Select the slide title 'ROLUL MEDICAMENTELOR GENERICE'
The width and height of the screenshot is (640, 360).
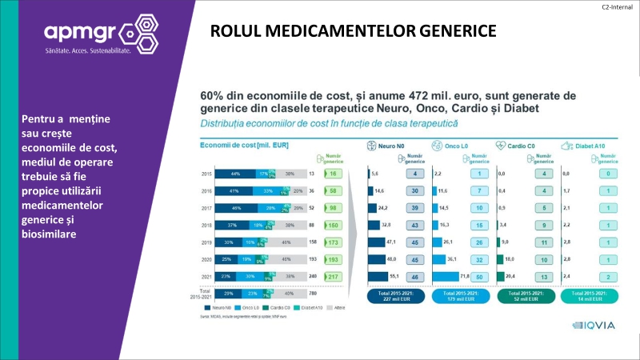point(353,31)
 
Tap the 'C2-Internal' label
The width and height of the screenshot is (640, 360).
point(618,6)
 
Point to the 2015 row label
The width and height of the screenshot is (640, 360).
point(206,173)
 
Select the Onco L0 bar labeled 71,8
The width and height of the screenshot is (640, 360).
point(445,276)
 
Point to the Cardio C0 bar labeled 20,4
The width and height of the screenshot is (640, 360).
point(502,276)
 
